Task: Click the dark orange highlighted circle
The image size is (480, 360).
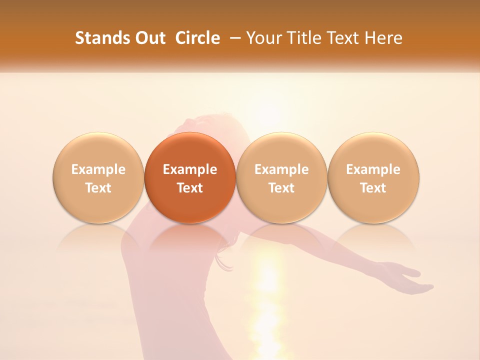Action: coord(190,177)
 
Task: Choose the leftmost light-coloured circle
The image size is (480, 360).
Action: coord(98,177)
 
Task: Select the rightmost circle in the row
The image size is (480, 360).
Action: coord(373,177)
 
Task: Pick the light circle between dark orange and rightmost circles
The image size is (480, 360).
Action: coord(281,177)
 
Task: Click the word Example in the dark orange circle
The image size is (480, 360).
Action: coord(190,169)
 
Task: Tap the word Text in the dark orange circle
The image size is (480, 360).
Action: coord(190,188)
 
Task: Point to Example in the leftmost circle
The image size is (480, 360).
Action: coord(98,169)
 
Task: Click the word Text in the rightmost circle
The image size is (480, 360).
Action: coord(373,188)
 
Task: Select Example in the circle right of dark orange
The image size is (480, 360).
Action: coord(281,169)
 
